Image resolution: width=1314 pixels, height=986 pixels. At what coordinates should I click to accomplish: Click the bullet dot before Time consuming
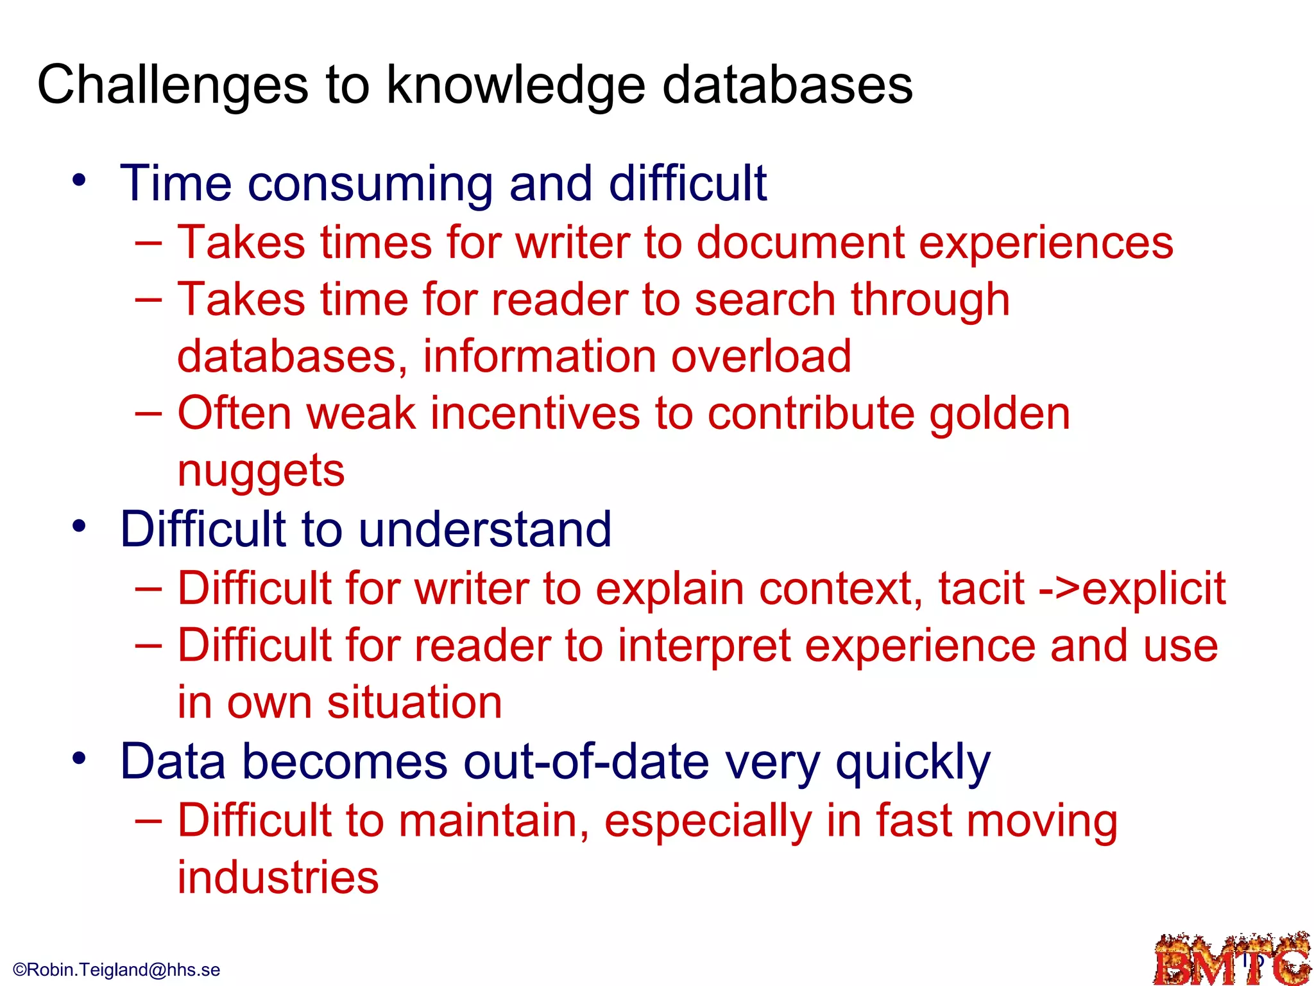[x=79, y=180]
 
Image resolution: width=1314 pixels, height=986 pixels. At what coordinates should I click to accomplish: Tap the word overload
[x=761, y=356]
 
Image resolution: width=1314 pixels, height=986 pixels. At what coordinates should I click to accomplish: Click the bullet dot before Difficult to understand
[x=79, y=526]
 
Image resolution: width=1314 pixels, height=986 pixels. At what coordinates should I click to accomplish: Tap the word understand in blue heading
[x=484, y=530]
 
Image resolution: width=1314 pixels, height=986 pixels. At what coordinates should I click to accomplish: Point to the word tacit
[x=981, y=589]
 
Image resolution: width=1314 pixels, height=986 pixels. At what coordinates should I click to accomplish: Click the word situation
[x=414, y=702]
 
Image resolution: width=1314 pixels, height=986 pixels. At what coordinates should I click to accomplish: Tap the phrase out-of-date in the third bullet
[x=586, y=762]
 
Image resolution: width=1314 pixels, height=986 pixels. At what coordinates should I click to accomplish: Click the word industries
[x=278, y=878]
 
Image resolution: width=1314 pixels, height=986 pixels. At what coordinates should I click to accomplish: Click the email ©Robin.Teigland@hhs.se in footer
[x=117, y=970]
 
